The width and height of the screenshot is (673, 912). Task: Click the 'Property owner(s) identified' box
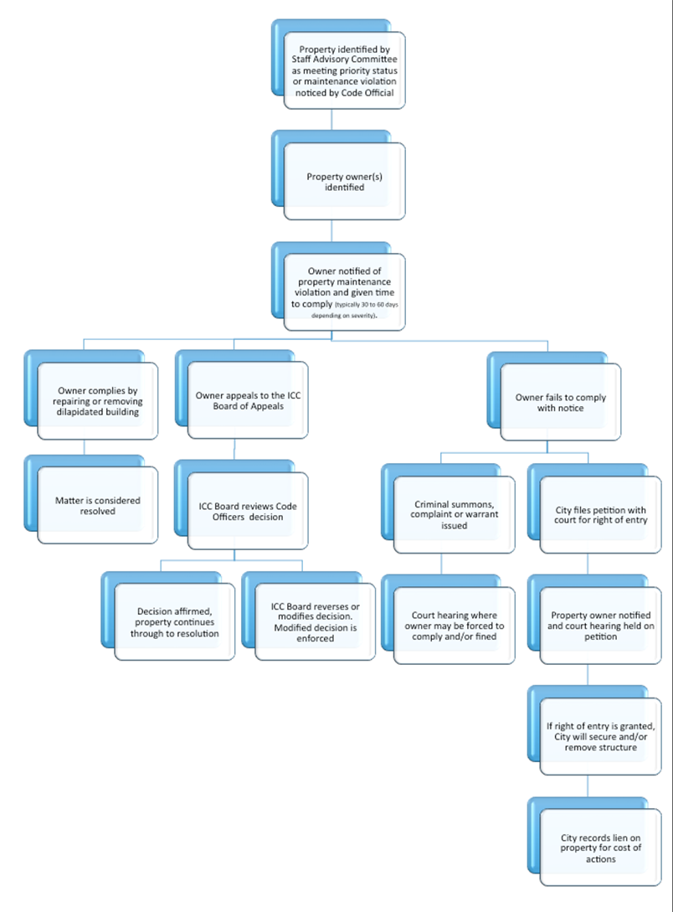click(345, 182)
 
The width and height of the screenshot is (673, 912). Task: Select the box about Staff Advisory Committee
click(345, 70)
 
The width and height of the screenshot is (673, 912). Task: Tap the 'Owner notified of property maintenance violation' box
click(345, 292)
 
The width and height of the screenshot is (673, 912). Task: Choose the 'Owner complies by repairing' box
click(98, 401)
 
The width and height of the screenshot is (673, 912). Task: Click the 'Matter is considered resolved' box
click(98, 506)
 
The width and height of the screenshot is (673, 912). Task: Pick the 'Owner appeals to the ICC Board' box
click(248, 401)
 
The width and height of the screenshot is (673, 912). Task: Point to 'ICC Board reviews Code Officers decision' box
click(248, 511)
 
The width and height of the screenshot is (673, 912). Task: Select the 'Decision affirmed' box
click(175, 622)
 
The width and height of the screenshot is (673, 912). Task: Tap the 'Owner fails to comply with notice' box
click(561, 402)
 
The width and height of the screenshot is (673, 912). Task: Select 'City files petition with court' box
click(601, 514)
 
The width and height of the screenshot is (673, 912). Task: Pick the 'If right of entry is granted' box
click(601, 735)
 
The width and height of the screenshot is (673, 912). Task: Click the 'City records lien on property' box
click(601, 848)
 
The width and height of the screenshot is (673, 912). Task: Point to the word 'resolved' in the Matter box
click(98, 511)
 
